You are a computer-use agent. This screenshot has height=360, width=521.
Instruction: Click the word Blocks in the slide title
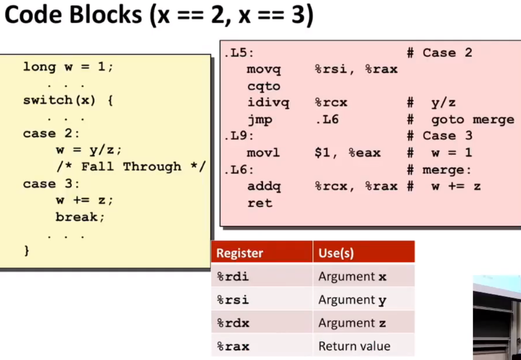coord(105,15)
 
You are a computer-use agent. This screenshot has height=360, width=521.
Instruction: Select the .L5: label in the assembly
coord(239,53)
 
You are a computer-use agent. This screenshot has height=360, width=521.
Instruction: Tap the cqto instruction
coord(264,86)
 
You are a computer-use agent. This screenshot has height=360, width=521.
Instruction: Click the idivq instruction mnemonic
coord(268,103)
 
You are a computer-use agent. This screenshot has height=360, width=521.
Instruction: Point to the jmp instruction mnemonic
coord(260,120)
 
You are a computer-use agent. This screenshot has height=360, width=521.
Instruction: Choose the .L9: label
coord(239,136)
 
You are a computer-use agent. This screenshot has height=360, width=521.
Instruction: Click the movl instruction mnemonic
coord(263,153)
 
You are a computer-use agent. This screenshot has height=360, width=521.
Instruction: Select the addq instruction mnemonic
coord(264,187)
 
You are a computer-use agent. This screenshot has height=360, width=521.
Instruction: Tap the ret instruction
coord(260,203)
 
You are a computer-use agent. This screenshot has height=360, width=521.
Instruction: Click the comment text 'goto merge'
coord(473,120)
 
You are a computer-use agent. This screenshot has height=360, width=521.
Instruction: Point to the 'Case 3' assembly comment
coord(447,136)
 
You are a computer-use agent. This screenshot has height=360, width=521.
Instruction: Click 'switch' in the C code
coord(48,100)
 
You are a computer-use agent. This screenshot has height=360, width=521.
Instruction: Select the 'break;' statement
coord(80,217)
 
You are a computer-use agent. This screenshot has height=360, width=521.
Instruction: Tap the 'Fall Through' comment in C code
coord(131,167)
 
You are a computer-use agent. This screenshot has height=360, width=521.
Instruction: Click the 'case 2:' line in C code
coord(51,134)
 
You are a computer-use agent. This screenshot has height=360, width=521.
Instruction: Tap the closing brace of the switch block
coord(27,251)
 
